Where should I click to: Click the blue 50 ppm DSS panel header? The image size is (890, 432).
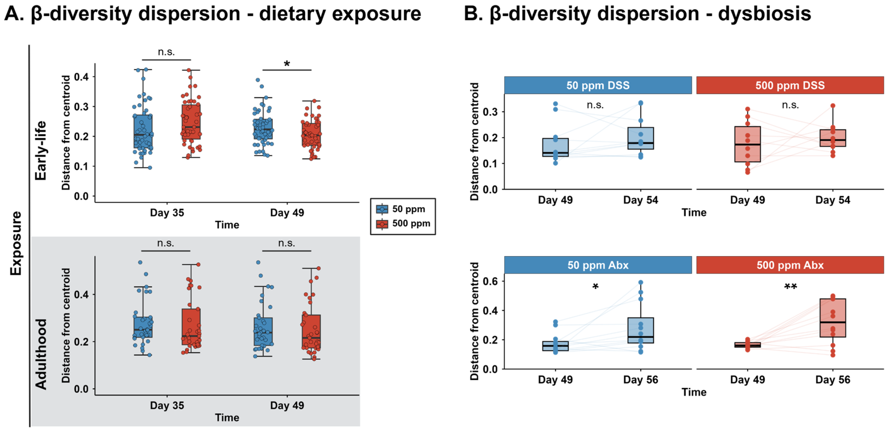pyautogui.click(x=598, y=85)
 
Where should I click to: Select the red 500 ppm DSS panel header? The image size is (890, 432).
pyautogui.click(x=790, y=85)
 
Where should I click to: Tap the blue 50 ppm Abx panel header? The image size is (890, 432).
pyautogui.click(x=598, y=265)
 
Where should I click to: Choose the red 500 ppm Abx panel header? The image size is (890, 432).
pyautogui.click(x=790, y=265)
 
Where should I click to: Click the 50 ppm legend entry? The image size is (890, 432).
pyautogui.click(x=401, y=209)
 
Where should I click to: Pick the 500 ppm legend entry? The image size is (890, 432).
pyautogui.click(x=403, y=224)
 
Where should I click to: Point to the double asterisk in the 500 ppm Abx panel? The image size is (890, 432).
pyautogui.click(x=790, y=287)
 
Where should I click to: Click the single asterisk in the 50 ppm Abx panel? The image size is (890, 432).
pyautogui.click(x=595, y=287)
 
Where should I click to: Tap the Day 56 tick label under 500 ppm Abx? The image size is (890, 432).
pyautogui.click(x=833, y=379)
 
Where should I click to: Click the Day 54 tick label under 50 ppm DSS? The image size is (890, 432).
pyautogui.click(x=641, y=200)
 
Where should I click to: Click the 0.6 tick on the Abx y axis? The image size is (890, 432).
pyautogui.click(x=490, y=281)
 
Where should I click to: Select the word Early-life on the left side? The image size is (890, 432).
pyautogui.click(x=41, y=150)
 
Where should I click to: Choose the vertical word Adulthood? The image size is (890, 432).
pyautogui.click(x=41, y=354)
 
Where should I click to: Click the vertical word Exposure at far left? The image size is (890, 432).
pyautogui.click(x=16, y=244)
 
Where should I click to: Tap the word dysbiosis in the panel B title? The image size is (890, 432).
pyautogui.click(x=764, y=14)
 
